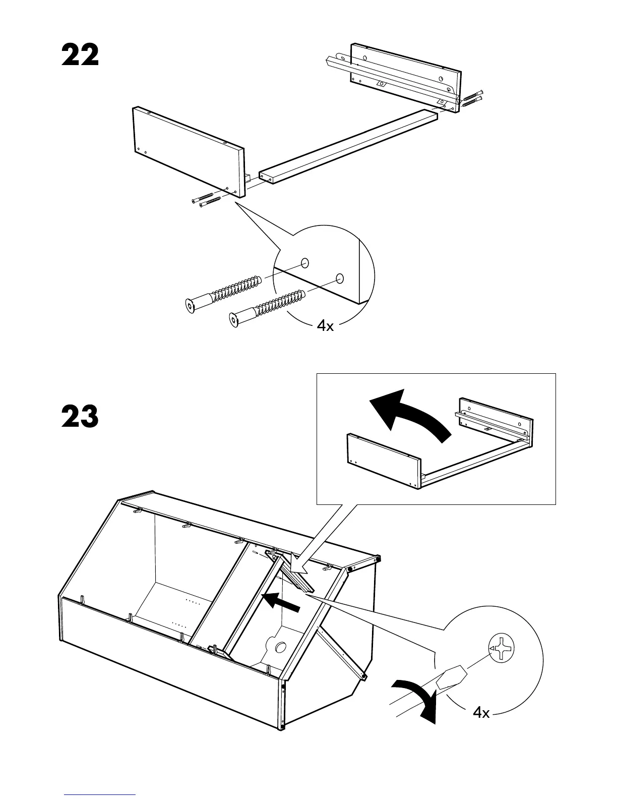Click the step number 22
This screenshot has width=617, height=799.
[80, 56]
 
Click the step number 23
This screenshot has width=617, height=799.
[80, 417]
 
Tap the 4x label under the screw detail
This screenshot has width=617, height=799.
[325, 326]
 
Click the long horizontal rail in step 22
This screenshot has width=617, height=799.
[348, 146]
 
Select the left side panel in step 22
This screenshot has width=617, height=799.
[188, 150]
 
